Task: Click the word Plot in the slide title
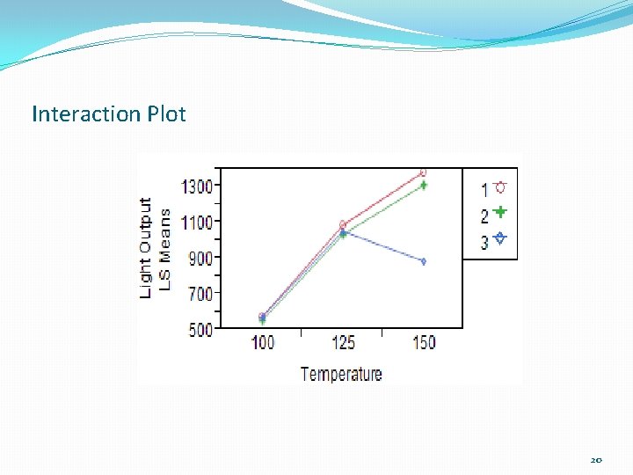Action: [x=166, y=114]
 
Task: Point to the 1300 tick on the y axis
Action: [x=198, y=186]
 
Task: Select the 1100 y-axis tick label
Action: [x=198, y=223]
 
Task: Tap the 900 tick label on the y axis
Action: [x=201, y=259]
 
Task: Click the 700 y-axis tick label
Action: [x=201, y=294]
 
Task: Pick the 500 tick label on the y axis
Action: [x=201, y=330]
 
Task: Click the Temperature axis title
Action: [x=341, y=374]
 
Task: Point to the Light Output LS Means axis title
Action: [x=154, y=246]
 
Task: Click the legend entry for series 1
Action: [x=492, y=188]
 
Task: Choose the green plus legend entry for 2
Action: [x=492, y=214]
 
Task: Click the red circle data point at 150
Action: [x=423, y=172]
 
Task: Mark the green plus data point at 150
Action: [x=423, y=186]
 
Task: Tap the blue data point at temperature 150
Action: [x=423, y=261]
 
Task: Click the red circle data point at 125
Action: [x=343, y=224]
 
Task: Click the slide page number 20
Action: [x=596, y=460]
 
